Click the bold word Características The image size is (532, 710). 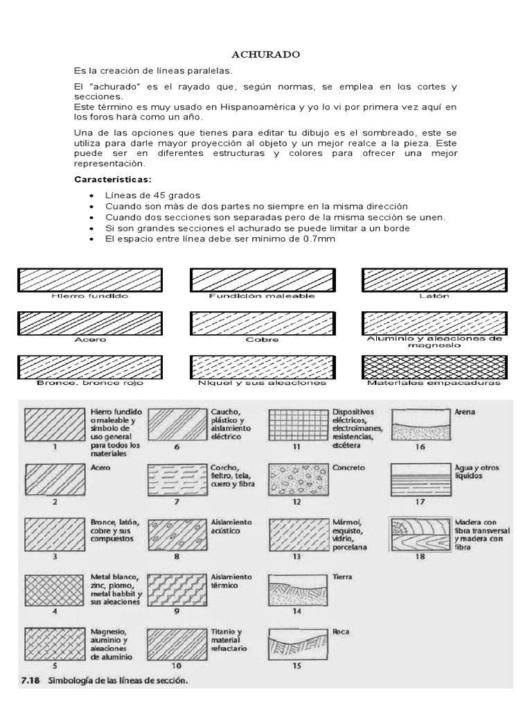[x=112, y=180]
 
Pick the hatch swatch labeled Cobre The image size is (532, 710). [x=262, y=322]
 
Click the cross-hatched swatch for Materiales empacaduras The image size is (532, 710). [x=434, y=367]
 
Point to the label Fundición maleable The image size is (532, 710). [x=262, y=295]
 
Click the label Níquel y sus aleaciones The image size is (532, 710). [x=262, y=383]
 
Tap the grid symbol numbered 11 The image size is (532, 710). [x=296, y=424]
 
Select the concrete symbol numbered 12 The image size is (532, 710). [x=296, y=478]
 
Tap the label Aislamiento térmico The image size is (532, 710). [x=232, y=581]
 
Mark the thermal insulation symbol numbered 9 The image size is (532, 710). [x=176, y=589]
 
